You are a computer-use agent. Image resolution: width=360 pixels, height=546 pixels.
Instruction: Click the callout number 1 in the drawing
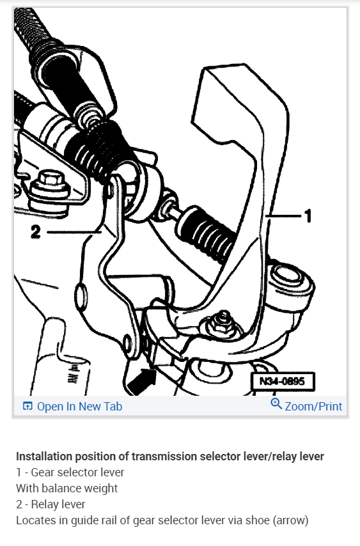coord(308,216)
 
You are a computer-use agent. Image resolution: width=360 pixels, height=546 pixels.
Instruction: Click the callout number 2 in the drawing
coord(36,231)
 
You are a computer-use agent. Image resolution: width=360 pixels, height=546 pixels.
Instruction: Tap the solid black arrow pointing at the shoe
coord(141,382)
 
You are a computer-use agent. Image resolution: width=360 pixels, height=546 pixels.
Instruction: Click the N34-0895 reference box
coord(283,381)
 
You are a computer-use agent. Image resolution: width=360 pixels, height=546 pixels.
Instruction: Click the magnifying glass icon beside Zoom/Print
coord(276,403)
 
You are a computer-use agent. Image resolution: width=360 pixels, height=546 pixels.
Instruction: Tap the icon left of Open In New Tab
coord(27,406)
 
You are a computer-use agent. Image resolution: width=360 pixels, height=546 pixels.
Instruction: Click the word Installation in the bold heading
coord(45,456)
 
